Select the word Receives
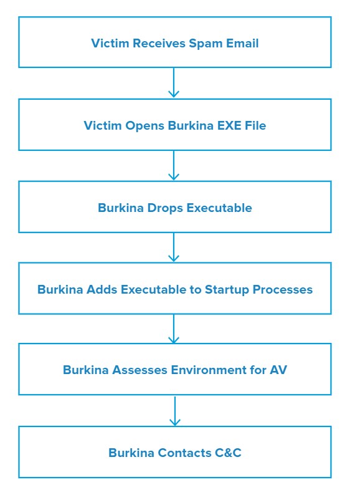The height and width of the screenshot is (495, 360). pyautogui.click(x=159, y=43)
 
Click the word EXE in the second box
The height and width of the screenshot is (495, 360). pyautogui.click(x=229, y=125)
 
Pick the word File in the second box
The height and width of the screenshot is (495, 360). pyautogui.click(x=255, y=125)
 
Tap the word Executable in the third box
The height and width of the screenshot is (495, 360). pyautogui.click(x=219, y=208)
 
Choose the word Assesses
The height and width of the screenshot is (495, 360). pyautogui.click(x=140, y=370)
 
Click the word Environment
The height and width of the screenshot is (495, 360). pyautogui.click(x=209, y=370)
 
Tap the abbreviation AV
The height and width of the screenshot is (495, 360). pyautogui.click(x=278, y=370)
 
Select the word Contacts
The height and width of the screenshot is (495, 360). pyautogui.click(x=184, y=453)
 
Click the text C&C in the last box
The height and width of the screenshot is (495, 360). pyautogui.click(x=228, y=453)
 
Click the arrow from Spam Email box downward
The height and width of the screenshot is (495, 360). pyautogui.click(x=174, y=82)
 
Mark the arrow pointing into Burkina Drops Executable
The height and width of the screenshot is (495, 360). pyautogui.click(x=174, y=165)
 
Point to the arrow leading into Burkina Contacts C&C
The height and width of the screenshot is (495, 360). pyautogui.click(x=175, y=411)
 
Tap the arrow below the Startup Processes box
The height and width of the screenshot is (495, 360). pyautogui.click(x=174, y=329)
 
